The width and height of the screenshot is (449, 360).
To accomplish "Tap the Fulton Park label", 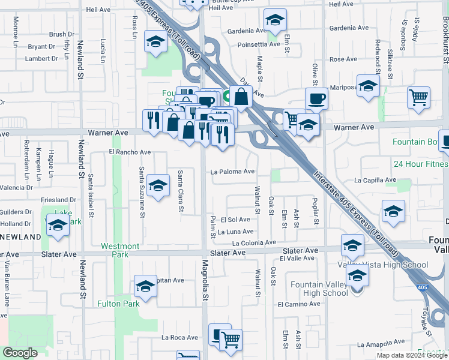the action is (x=118, y=304).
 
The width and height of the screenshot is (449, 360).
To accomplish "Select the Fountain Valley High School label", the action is (x=319, y=289).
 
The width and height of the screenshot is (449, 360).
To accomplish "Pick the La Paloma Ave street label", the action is (x=232, y=172).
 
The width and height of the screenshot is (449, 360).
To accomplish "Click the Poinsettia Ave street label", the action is (x=259, y=44).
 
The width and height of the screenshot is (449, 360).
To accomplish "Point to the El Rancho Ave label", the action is (x=129, y=152).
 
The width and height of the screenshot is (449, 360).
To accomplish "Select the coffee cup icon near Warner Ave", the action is (x=316, y=99).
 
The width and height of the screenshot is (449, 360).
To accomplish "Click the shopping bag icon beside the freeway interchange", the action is (x=241, y=96).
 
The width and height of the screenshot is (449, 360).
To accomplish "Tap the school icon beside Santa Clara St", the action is (x=158, y=185).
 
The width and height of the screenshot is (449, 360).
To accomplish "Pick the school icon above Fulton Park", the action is (x=145, y=287).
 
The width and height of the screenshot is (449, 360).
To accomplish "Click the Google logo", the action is (x=20, y=353).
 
